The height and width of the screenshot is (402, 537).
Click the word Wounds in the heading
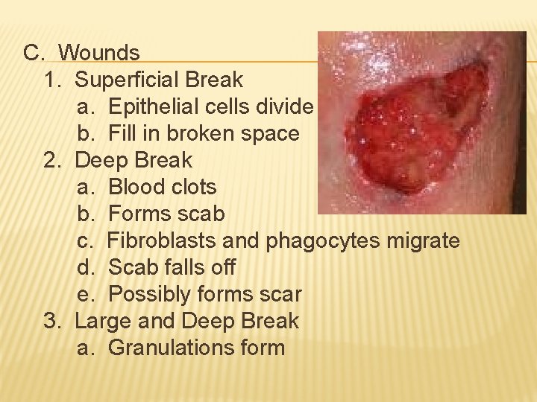pyautogui.click(x=98, y=53)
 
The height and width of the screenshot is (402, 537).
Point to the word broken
pyautogui.click(x=201, y=133)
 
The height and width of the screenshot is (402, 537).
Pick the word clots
pyautogui.click(x=193, y=187)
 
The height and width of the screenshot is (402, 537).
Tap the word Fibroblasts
pyautogui.click(x=163, y=240)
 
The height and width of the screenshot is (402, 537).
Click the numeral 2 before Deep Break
pyautogui.click(x=51, y=160)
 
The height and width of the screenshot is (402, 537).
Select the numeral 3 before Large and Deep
pyautogui.click(x=51, y=321)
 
